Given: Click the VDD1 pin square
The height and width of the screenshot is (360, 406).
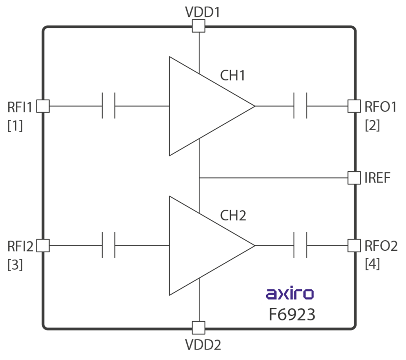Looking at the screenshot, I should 199,26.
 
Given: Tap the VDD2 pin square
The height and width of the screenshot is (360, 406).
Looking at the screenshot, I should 199,327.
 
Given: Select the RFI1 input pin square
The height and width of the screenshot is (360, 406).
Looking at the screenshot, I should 43,106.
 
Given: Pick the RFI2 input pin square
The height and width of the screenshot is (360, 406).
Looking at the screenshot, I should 43,245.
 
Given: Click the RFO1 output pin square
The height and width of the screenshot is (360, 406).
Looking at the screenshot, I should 354,106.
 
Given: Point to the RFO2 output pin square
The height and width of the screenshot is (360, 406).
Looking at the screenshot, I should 354,245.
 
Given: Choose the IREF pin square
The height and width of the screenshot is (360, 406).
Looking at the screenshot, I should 354,178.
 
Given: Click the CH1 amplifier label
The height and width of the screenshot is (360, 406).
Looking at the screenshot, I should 232,76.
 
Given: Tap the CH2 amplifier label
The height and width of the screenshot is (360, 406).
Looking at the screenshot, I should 233,215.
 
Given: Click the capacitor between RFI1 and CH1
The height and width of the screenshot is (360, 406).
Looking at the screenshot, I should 108,106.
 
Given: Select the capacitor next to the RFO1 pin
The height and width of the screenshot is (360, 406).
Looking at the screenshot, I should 300,106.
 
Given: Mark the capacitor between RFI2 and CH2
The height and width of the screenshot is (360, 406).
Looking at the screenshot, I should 108,245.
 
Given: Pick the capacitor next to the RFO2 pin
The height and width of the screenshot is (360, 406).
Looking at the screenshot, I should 300,245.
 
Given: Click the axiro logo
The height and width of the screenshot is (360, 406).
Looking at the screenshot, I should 289,294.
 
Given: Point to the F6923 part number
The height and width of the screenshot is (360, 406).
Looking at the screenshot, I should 292,315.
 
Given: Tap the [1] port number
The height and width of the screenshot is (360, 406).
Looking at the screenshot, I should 15,126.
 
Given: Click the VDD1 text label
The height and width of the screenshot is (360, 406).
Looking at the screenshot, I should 202,12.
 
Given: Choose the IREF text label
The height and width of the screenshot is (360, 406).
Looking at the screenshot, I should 377,178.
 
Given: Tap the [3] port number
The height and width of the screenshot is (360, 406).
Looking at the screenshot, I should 15,264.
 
